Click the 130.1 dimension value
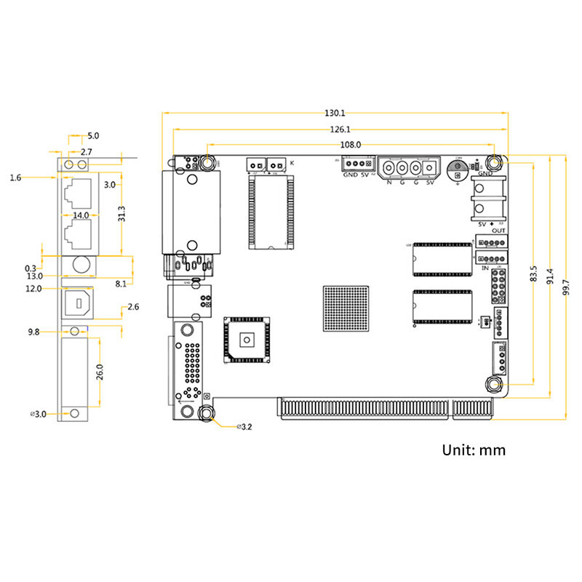point(335,113)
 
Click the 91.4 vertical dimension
point(551,276)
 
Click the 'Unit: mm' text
point(474,450)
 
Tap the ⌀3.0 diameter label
point(39,413)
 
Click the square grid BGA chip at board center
point(346,308)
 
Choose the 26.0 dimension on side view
point(101,372)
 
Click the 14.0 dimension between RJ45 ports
point(80,215)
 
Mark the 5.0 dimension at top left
point(93,136)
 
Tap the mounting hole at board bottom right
point(495,386)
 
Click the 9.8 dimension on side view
point(33,332)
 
